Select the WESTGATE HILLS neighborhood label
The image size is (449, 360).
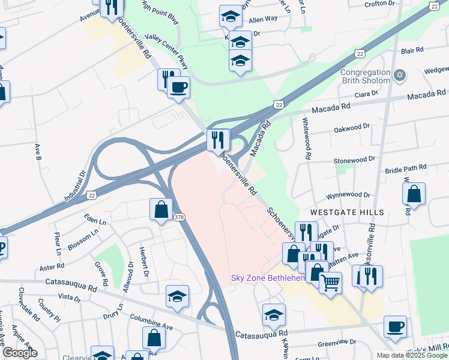click(338, 213)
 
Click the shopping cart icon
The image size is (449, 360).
click(330, 282)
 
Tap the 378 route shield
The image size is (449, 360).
click(179, 216)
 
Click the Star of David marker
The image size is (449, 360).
click(400, 76)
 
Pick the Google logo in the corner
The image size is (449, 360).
click(19, 353)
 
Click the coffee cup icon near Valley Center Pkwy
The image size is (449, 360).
click(178, 88)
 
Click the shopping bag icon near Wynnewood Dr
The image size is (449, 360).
click(414, 194)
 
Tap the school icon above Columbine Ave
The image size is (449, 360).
click(178, 296)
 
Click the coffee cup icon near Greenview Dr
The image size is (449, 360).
click(395, 326)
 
